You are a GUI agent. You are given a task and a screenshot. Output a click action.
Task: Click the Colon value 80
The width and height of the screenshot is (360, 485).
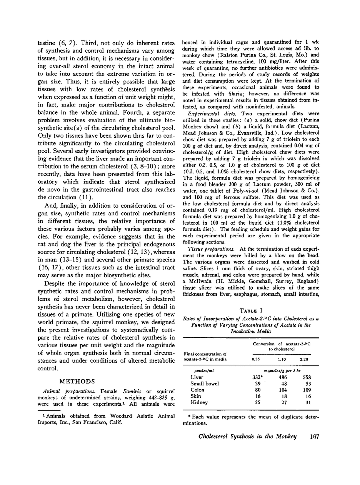[x=257, y=390]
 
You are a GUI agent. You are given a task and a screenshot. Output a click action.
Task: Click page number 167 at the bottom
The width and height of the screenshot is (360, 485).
[x=314, y=437]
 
